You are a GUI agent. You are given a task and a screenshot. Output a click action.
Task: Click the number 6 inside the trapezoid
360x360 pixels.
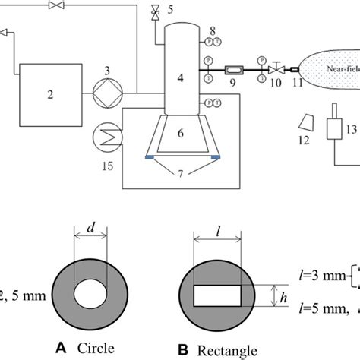(180, 133)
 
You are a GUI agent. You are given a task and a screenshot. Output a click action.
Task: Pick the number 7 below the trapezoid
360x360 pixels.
(181, 176)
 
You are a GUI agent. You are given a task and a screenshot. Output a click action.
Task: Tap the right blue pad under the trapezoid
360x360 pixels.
(215, 157)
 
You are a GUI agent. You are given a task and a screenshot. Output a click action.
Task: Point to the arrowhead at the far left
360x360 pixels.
(5, 33)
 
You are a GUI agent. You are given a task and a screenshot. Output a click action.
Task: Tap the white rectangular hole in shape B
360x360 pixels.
(218, 293)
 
